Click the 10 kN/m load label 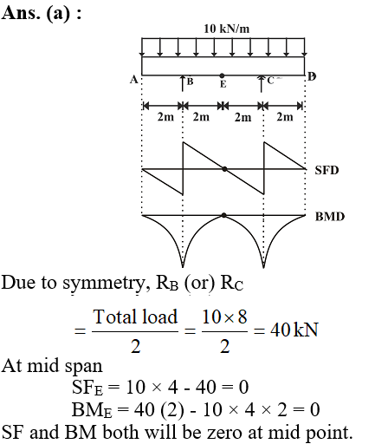tap(227, 29)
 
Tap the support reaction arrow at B tap(183, 83)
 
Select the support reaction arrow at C tap(262, 84)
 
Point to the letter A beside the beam tap(133, 79)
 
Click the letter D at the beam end tap(312, 76)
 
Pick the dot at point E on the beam tap(222, 75)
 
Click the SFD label tap(327, 170)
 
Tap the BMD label tap(330, 217)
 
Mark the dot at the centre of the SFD tap(224, 169)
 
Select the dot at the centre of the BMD tap(223, 215)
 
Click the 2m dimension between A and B tap(165, 117)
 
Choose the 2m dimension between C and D tap(285, 117)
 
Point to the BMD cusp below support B tap(183, 266)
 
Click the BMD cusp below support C tap(263, 266)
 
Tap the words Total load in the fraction tap(135, 317)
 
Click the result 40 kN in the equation tap(294, 330)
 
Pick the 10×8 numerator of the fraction tap(224, 317)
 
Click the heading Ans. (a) tap(42, 13)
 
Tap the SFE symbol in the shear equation tap(87, 388)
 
